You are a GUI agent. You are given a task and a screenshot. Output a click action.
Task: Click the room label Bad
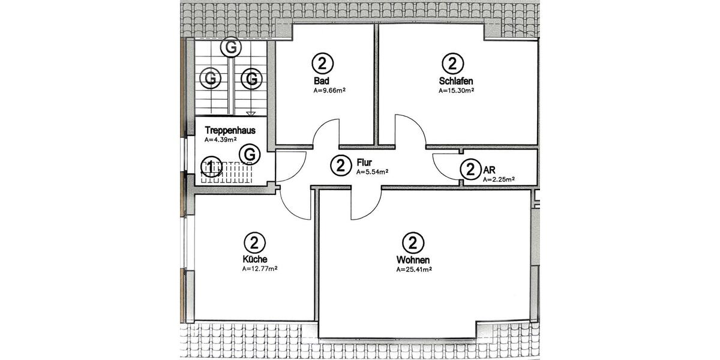[321, 81]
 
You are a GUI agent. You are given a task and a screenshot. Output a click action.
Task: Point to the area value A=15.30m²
[456, 91]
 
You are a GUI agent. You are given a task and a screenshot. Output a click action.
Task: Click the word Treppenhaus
[230, 130]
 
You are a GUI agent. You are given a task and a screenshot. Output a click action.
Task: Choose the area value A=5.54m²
[372, 172]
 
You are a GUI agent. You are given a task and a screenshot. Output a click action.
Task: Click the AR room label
[490, 170]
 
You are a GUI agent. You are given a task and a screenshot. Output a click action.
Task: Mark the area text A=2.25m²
[499, 179]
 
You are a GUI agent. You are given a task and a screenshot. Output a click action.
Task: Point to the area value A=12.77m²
[260, 269]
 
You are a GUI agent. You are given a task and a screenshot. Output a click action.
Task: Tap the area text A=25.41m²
[414, 269]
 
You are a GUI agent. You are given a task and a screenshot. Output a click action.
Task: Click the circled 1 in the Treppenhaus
[211, 166]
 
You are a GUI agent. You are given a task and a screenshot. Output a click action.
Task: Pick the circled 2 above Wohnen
[412, 242]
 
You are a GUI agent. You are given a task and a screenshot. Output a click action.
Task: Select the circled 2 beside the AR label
[470, 170]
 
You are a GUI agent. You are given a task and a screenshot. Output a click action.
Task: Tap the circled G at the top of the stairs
[230, 46]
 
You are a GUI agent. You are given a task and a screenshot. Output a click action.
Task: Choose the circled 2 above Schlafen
[452, 63]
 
